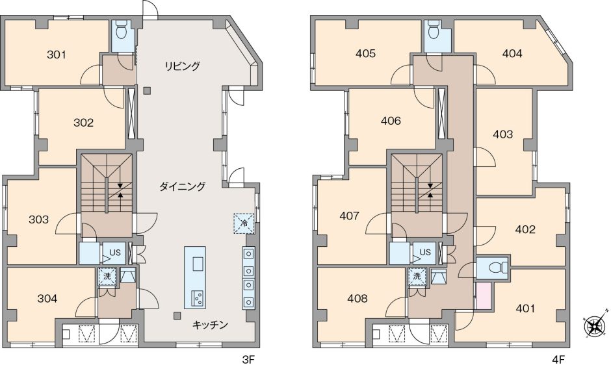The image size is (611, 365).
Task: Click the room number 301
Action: (x=57, y=55)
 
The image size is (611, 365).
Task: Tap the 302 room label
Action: (x=83, y=122)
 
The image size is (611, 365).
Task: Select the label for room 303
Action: (x=39, y=220)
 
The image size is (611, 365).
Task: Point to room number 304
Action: (x=47, y=299)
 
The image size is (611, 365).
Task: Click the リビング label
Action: (x=182, y=66)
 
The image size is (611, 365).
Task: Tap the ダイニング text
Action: (x=183, y=187)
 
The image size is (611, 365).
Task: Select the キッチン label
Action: (x=209, y=325)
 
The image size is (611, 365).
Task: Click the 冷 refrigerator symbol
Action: (x=244, y=223)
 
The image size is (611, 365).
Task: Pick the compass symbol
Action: (x=593, y=327)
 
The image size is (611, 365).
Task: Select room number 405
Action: (x=366, y=54)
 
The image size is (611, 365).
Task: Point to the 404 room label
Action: (x=512, y=54)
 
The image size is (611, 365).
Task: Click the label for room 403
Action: (x=503, y=135)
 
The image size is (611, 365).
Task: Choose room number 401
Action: (x=525, y=308)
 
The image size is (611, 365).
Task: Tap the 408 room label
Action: (x=357, y=299)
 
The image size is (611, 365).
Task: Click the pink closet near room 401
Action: (x=482, y=296)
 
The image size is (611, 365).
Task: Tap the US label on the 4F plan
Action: (x=425, y=252)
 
